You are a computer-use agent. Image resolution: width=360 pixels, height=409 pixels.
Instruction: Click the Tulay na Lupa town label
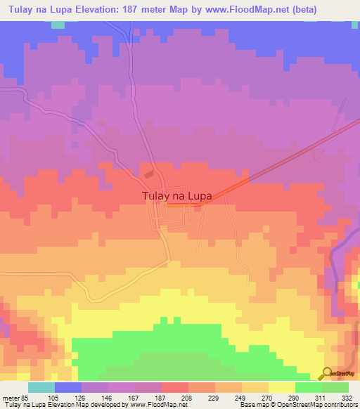176,197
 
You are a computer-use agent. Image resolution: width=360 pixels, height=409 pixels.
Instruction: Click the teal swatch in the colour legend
41,387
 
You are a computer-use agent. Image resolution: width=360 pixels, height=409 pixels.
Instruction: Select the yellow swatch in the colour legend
282,387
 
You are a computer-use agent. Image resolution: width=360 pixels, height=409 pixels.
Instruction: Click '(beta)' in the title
297,10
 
